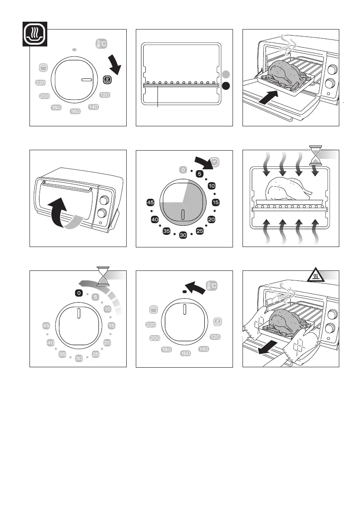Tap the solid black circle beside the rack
pos(226,86)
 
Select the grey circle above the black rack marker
pos(226,74)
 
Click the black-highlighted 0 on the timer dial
pos(79,293)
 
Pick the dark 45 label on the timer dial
pos(151,203)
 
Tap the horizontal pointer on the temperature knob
pos(87,80)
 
